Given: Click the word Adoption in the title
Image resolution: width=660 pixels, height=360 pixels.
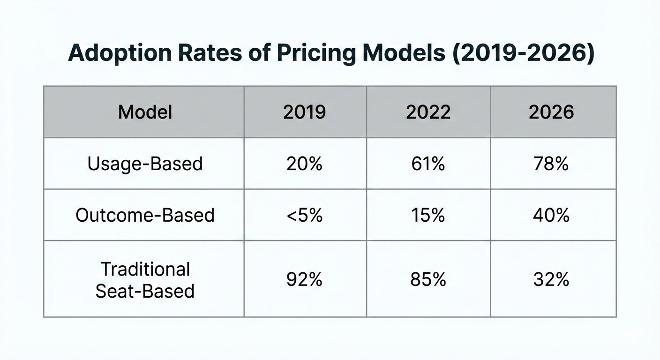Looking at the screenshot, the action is [x=120, y=53].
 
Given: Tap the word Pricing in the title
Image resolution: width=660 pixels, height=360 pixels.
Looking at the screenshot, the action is [x=316, y=53].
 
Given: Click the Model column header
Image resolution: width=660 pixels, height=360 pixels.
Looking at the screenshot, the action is [x=145, y=112].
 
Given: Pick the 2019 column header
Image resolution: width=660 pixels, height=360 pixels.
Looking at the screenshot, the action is [x=304, y=112].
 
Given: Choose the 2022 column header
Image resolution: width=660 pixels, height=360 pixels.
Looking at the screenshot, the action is [x=428, y=112].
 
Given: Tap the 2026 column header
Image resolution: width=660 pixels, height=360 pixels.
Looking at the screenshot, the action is [x=551, y=112].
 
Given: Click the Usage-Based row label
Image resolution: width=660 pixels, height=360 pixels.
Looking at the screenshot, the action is [x=145, y=164].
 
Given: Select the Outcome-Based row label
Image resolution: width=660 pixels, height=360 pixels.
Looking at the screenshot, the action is [x=145, y=215].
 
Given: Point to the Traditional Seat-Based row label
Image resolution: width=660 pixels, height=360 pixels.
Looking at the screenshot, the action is [x=145, y=280].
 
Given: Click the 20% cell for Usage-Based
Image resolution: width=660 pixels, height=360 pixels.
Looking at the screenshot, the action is [x=304, y=164].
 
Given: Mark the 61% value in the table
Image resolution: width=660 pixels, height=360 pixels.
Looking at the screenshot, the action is [x=428, y=164].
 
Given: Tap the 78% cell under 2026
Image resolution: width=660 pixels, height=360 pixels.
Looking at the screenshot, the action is [x=551, y=164].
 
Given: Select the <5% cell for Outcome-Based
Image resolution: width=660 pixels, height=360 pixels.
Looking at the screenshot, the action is [x=305, y=215].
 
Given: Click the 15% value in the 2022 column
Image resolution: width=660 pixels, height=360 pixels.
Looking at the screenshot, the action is [x=428, y=215].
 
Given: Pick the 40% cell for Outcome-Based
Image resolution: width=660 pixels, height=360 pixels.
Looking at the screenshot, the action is [x=551, y=215].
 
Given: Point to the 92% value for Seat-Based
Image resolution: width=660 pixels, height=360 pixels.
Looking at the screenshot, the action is [x=304, y=279].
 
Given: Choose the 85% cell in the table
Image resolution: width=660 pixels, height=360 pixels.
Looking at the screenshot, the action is [x=428, y=279].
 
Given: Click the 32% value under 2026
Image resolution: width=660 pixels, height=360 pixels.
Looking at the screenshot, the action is [x=551, y=279].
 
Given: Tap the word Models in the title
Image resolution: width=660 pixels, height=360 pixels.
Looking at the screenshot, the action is [x=404, y=53].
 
